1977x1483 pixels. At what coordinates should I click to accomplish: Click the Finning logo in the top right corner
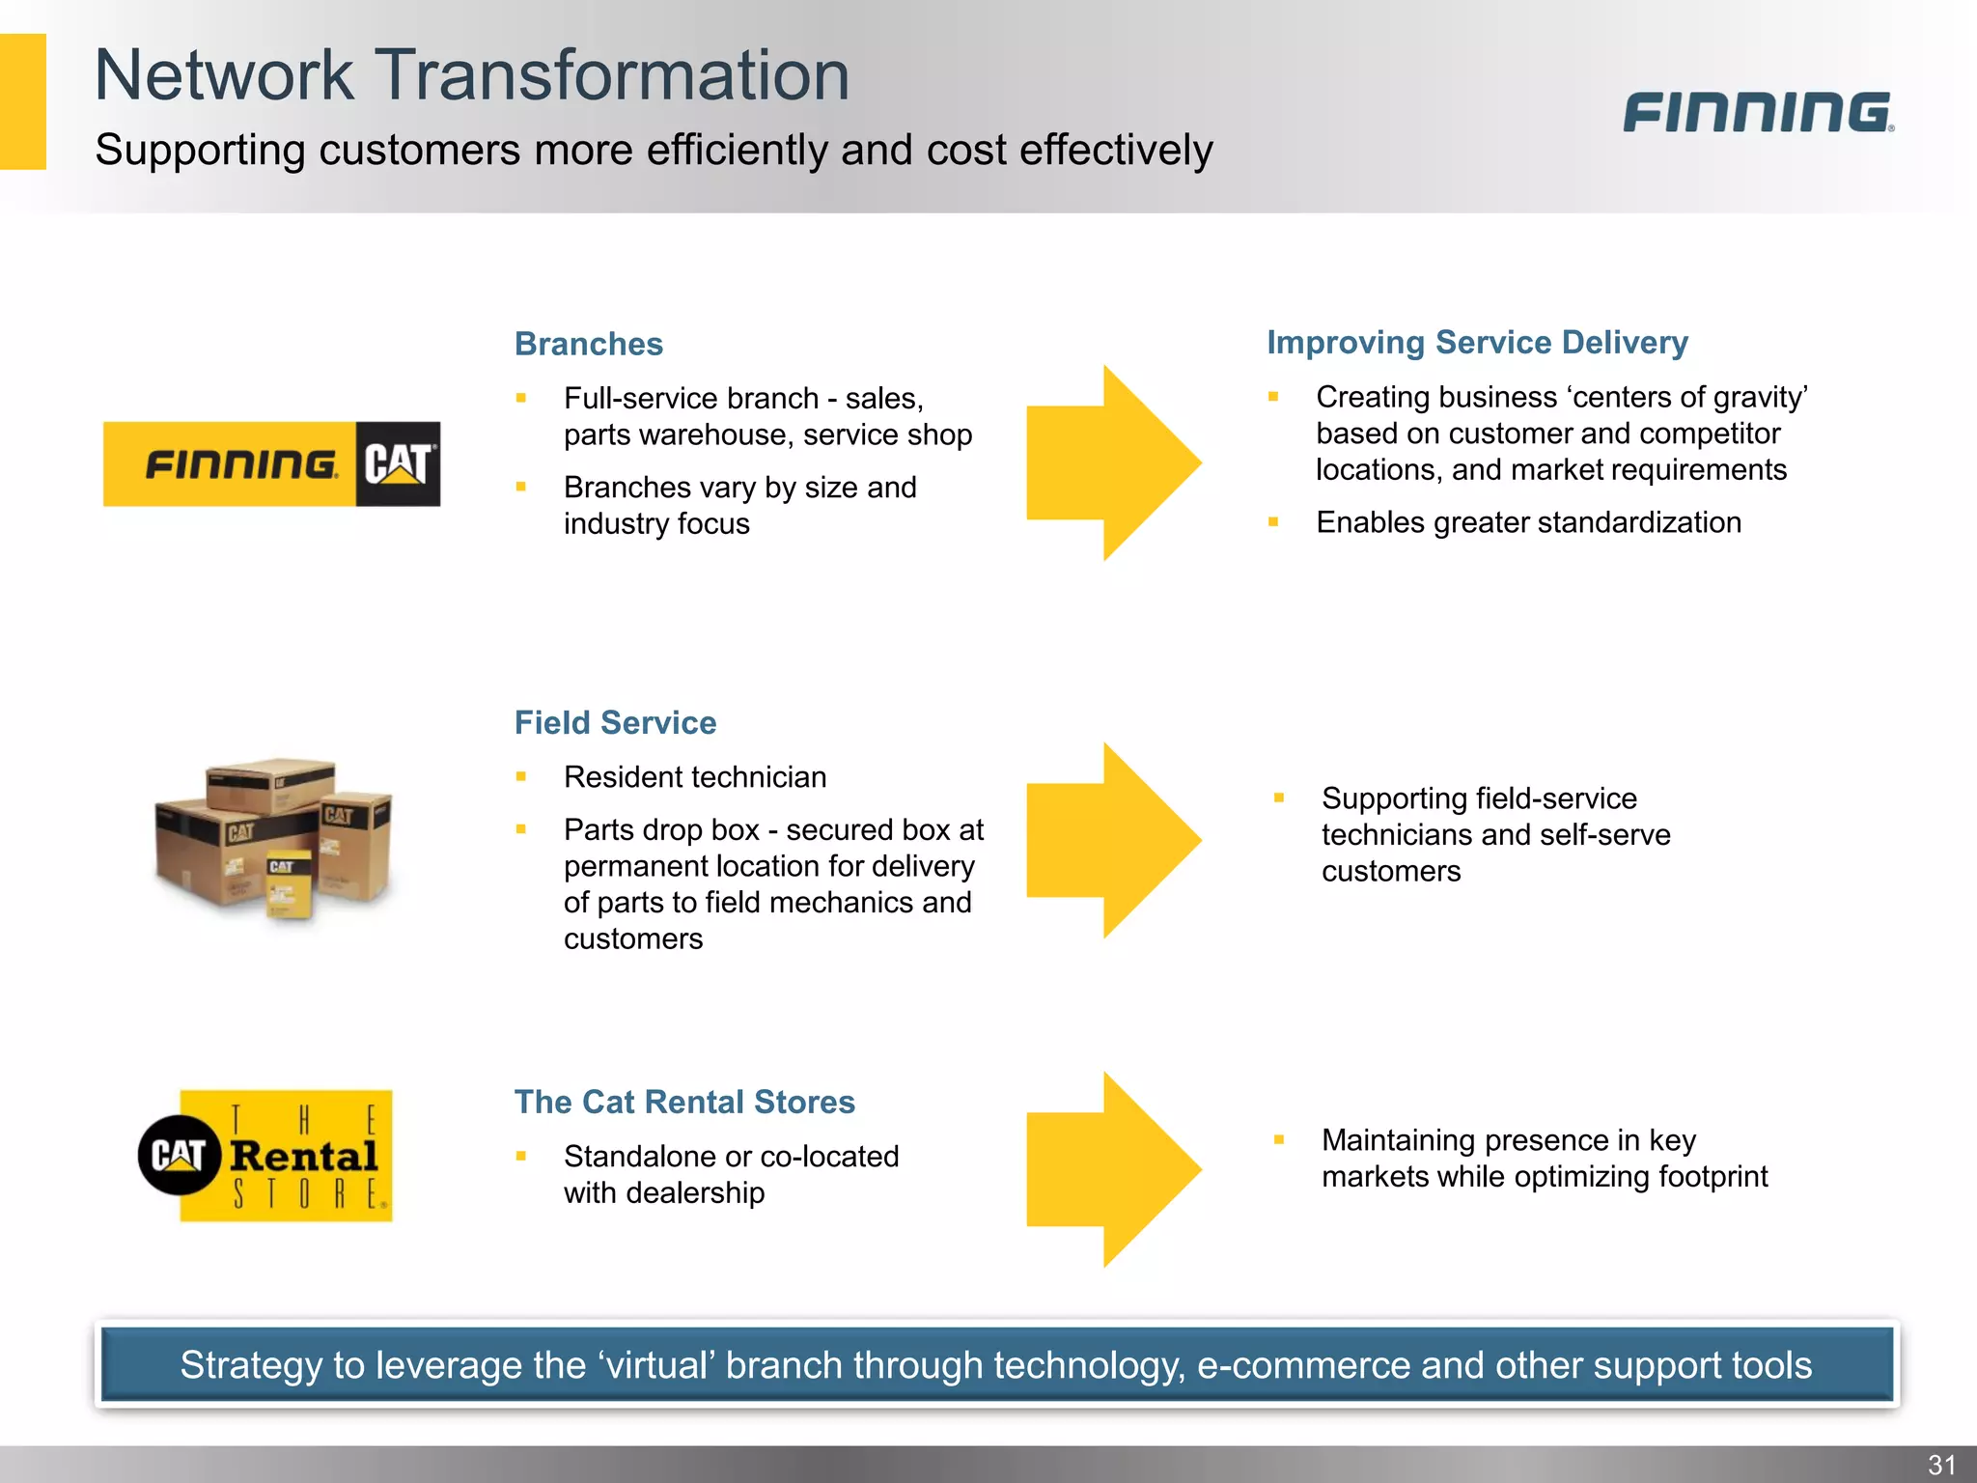tap(1758, 112)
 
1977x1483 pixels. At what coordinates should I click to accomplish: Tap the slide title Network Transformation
tap(472, 75)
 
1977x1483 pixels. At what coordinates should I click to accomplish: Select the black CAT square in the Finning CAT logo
tap(398, 464)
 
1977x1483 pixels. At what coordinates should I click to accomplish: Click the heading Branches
tap(589, 344)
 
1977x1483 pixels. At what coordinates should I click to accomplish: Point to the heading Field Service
tap(615, 722)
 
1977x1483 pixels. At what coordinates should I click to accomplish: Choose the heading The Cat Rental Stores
tap(684, 1102)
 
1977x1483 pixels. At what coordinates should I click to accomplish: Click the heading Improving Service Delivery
tap(1477, 342)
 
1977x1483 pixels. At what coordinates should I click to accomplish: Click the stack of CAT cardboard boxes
tap(273, 838)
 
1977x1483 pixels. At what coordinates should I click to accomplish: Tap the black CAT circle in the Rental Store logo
tap(179, 1155)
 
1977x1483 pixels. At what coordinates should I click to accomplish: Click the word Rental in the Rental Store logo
tap(303, 1156)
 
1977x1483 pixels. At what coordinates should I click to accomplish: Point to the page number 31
tap(1941, 1465)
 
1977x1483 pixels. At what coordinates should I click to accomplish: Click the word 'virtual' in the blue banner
tap(656, 1365)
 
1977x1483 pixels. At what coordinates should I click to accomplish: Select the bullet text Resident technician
tap(695, 777)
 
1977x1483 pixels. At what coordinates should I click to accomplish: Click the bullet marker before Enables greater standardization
tap(1273, 522)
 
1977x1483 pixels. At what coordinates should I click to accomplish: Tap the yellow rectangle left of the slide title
tap(22, 101)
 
